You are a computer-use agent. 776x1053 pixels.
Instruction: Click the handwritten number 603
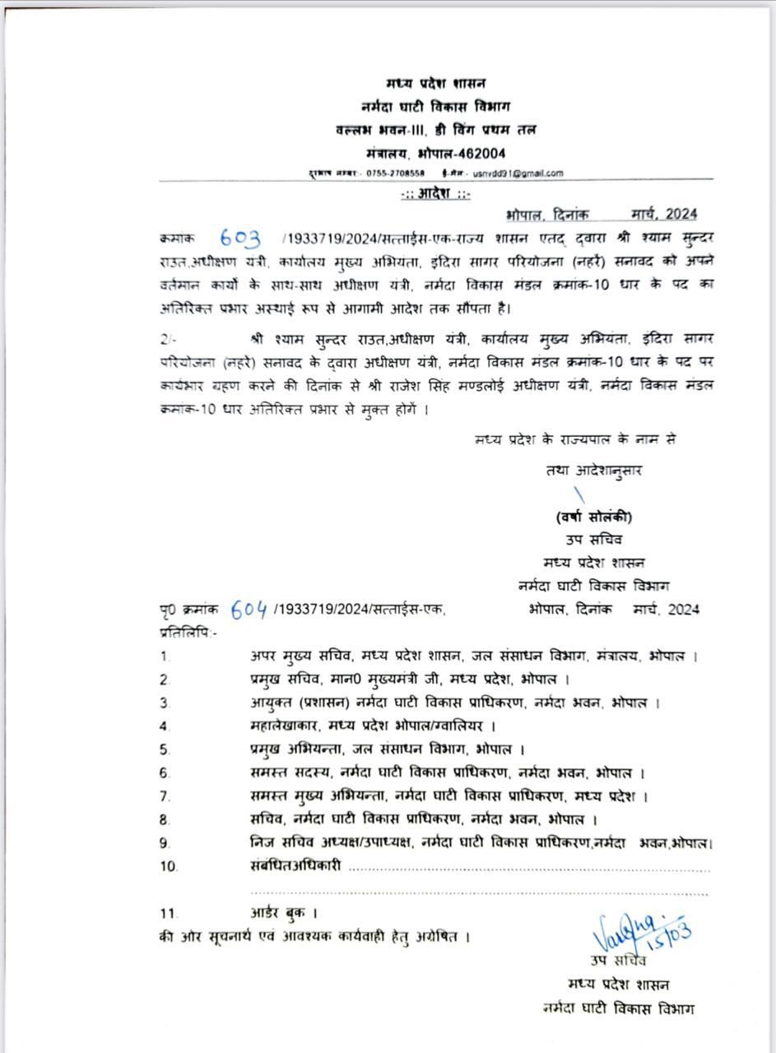[240, 239]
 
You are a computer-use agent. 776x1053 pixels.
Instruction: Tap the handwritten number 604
[249, 610]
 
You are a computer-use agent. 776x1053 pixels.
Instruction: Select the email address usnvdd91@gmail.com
[518, 174]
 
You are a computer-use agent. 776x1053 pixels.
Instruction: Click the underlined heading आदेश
[435, 194]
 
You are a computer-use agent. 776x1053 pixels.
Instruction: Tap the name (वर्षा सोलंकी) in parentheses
[593, 517]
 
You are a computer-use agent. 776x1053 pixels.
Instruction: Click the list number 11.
[169, 913]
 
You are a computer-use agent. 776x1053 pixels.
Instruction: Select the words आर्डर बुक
[282, 912]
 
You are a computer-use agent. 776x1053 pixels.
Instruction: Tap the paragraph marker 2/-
[168, 338]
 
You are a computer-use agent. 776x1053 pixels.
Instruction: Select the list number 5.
[165, 749]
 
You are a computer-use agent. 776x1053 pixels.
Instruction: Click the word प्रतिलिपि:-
[188, 633]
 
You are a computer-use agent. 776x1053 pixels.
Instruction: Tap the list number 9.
[165, 842]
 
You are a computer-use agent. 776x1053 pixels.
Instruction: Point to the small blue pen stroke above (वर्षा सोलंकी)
[580, 494]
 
